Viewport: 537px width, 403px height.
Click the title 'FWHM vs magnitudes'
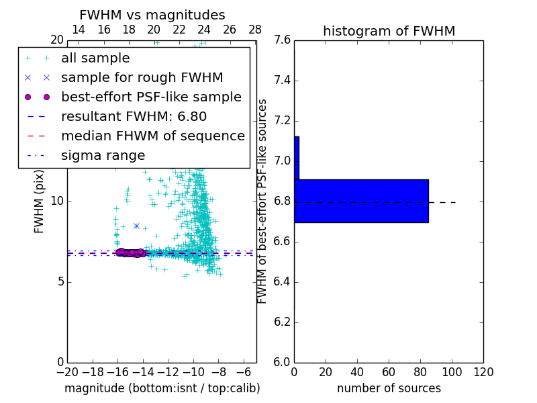[x=152, y=15]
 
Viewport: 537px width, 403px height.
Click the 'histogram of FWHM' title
[x=389, y=31]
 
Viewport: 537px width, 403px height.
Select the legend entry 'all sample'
[x=95, y=58]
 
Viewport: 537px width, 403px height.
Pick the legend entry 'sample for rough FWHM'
[x=142, y=78]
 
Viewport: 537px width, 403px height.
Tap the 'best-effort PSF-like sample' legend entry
[x=151, y=97]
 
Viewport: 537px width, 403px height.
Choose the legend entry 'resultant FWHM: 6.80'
[x=134, y=117]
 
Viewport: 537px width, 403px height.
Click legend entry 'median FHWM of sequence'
[x=152, y=136]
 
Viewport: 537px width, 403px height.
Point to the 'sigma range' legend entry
[x=103, y=156]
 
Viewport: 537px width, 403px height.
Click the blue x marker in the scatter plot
[x=136, y=226]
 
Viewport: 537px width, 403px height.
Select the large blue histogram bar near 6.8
[x=361, y=201]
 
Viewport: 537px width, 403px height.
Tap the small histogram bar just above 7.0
[x=297, y=158]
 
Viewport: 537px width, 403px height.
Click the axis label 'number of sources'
[x=389, y=388]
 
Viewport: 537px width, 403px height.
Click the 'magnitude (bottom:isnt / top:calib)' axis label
[x=162, y=388]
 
